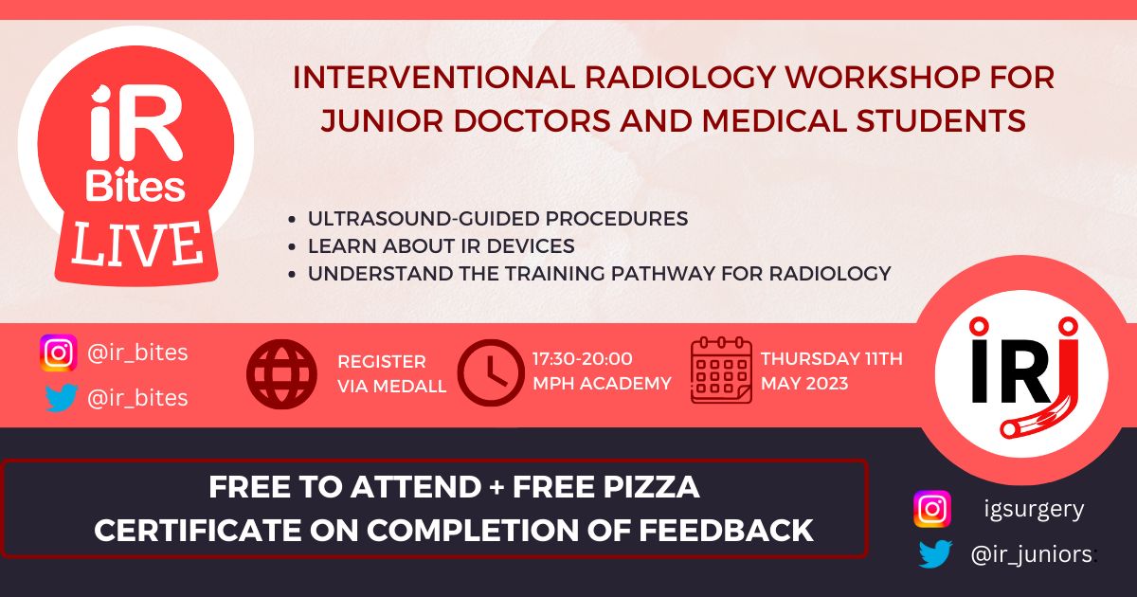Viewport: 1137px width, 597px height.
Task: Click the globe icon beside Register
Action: point(281,374)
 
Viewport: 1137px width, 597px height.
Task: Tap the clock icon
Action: point(491,373)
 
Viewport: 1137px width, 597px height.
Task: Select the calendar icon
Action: point(721,371)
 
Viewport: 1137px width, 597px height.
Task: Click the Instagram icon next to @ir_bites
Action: point(59,353)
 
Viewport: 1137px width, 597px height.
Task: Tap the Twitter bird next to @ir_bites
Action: point(61,397)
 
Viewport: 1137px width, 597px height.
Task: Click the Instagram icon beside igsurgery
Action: point(932,509)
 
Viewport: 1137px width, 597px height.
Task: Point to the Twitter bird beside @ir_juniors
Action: point(935,553)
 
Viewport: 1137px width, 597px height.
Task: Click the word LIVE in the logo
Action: point(137,245)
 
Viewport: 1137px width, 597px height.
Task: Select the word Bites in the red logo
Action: point(135,186)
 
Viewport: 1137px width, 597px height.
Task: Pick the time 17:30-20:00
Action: point(582,359)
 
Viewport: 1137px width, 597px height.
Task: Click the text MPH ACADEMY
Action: point(602,383)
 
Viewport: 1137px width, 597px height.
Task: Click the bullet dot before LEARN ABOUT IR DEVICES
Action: point(292,247)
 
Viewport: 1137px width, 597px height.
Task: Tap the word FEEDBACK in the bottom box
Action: point(726,530)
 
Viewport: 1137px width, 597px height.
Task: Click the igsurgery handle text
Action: point(1034,509)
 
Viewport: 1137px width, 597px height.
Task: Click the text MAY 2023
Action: point(804,383)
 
